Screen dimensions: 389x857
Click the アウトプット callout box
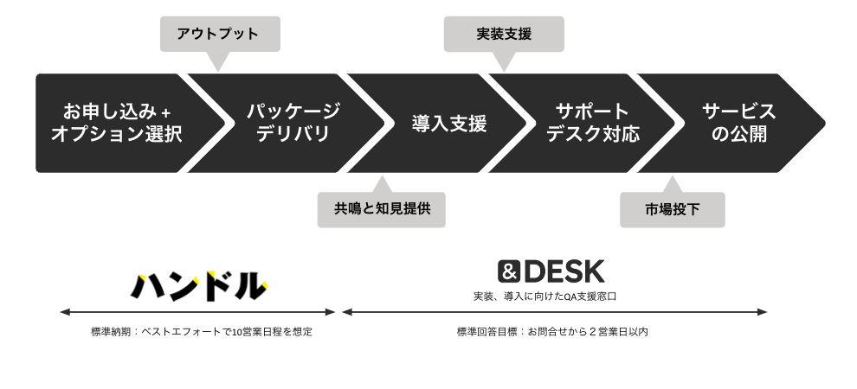click(x=220, y=35)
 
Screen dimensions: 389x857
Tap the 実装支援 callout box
click(x=503, y=35)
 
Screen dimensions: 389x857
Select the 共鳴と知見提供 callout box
click(x=381, y=209)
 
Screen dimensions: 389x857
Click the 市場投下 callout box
click(x=672, y=209)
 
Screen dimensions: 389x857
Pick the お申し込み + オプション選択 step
click(x=117, y=123)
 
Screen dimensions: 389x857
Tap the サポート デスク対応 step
click(x=592, y=123)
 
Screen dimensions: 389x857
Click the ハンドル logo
click(x=199, y=284)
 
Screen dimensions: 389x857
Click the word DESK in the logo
click(x=564, y=271)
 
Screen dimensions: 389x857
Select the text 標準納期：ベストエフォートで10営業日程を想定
click(x=201, y=332)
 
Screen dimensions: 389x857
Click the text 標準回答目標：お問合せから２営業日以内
click(x=552, y=332)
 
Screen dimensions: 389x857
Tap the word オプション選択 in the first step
click(x=117, y=134)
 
